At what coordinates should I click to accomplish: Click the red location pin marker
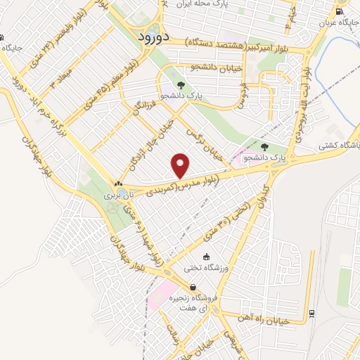point(181,166)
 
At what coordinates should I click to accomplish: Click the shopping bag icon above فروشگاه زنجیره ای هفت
point(193,287)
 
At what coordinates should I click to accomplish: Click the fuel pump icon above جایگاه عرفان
point(340,11)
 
